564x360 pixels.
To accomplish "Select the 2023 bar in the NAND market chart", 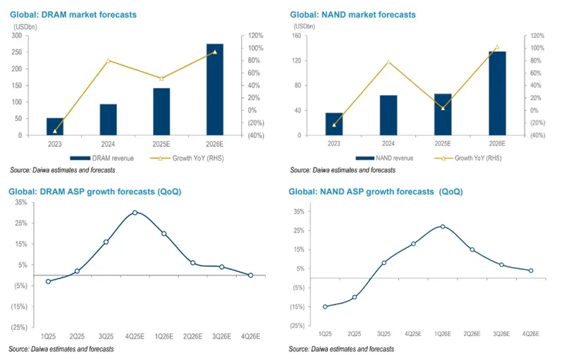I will (334, 123).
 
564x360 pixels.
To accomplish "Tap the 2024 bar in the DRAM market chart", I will (108, 119).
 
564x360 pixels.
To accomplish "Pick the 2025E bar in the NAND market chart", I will (443, 114).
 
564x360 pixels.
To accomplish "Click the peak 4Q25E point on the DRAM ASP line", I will (135, 212).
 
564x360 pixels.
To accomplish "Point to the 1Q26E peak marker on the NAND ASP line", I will (442, 226).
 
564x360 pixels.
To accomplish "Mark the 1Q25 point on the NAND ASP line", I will (325, 306).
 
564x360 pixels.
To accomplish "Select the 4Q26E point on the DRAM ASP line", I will (250, 275).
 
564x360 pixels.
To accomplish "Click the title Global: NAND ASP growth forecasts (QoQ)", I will (376, 192).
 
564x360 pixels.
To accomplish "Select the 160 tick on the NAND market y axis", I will (296, 36).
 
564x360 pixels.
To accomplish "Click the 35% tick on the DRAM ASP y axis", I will (20, 202).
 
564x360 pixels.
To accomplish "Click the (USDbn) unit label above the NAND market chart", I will (305, 26).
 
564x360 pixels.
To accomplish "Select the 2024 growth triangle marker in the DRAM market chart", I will (108, 60).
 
